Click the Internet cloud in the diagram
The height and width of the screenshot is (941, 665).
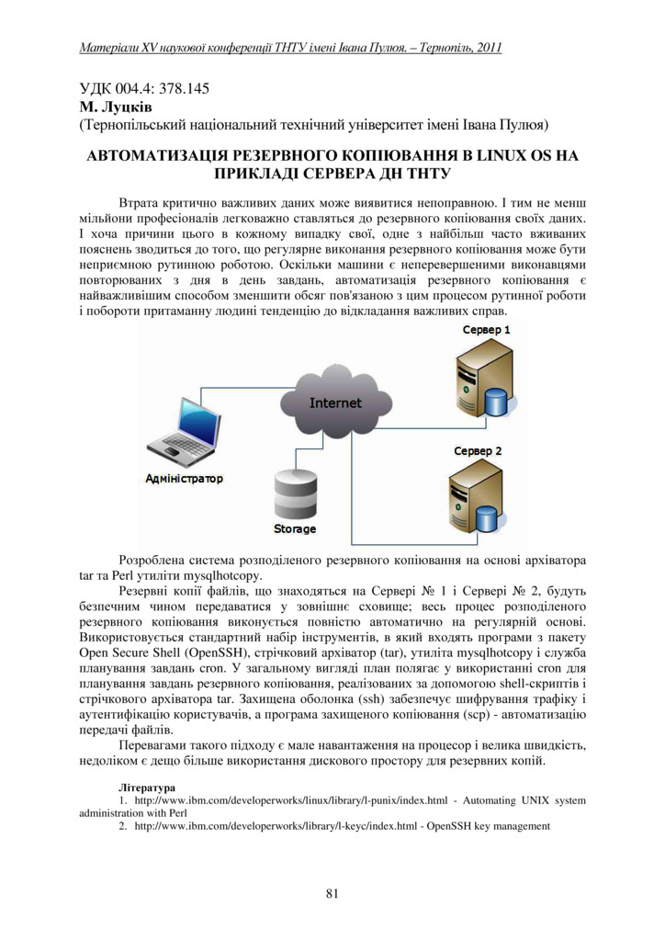tap(334, 402)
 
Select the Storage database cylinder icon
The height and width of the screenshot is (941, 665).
tap(294, 496)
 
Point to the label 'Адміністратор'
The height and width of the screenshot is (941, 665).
tap(184, 479)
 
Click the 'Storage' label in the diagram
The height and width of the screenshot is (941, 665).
tap(295, 529)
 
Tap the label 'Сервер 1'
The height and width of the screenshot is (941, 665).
tap(486, 329)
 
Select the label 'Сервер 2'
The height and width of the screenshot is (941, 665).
tap(478, 451)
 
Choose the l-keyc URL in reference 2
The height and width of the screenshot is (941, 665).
tap(276, 826)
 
